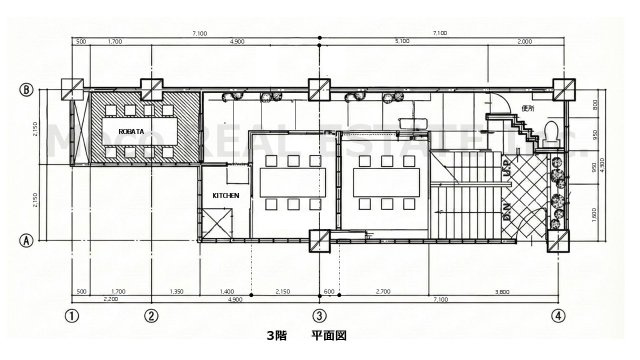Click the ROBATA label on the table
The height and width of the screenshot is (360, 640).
pos(134,131)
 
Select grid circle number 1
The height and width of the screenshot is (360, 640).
pos(72,317)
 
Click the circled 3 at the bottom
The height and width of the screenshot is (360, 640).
pos(318,317)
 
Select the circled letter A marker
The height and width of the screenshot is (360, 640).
pos(28,240)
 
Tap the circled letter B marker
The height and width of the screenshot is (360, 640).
pos(28,88)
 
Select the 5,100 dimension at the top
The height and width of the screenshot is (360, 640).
pos(402,42)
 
